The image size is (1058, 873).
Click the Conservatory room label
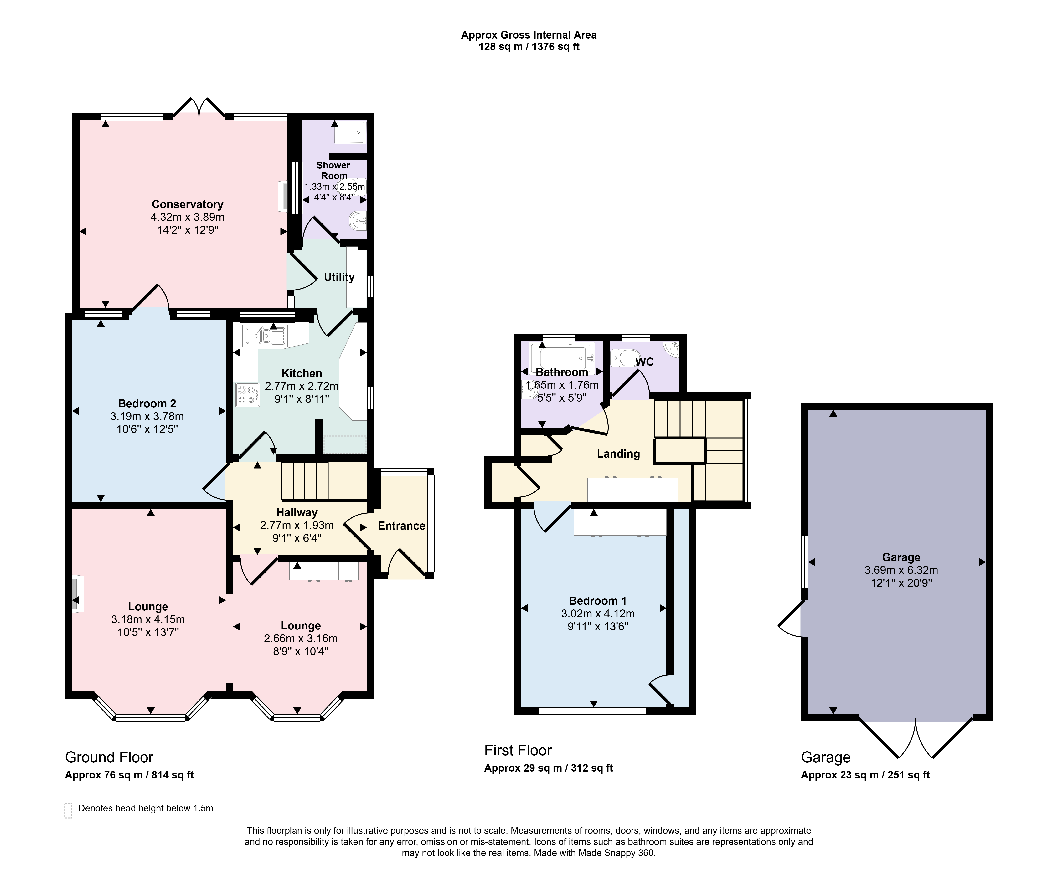click(x=188, y=204)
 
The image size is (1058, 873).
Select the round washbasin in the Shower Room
click(x=358, y=220)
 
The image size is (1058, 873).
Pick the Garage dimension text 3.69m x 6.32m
click(x=901, y=570)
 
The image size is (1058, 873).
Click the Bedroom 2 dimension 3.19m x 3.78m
click(x=147, y=416)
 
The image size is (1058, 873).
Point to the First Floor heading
click(x=518, y=750)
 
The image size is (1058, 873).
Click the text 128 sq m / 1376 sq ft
click(x=529, y=47)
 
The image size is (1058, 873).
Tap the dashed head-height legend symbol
click(x=68, y=811)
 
